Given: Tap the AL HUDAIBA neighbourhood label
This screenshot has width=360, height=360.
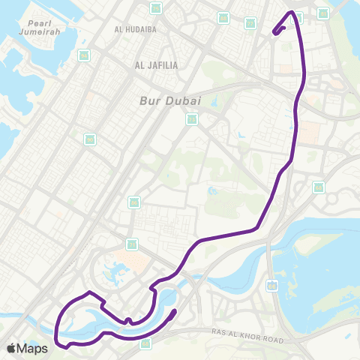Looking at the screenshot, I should (x=136, y=29).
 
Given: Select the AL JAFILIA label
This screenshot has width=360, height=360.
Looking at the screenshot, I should (x=157, y=65).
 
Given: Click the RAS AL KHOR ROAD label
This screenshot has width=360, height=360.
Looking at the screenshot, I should (x=247, y=340).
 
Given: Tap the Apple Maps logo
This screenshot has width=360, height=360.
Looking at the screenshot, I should (x=27, y=348).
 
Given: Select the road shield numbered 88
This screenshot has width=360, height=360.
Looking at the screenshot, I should (x=223, y=18).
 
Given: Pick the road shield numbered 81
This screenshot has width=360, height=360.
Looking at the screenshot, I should (x=323, y=13).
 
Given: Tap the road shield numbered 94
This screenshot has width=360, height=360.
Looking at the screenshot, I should (x=84, y=55).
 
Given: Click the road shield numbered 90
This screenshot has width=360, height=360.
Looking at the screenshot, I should (x=90, y=139).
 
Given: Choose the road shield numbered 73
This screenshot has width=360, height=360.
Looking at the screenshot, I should (x=192, y=118).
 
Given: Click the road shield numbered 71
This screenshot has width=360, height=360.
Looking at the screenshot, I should (x=132, y=244).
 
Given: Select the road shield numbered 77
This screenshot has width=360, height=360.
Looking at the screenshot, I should (x=250, y=23).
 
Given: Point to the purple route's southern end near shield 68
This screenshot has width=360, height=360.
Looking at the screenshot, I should (x=174, y=312).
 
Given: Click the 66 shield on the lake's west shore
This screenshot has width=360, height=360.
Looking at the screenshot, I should (x=271, y=286).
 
